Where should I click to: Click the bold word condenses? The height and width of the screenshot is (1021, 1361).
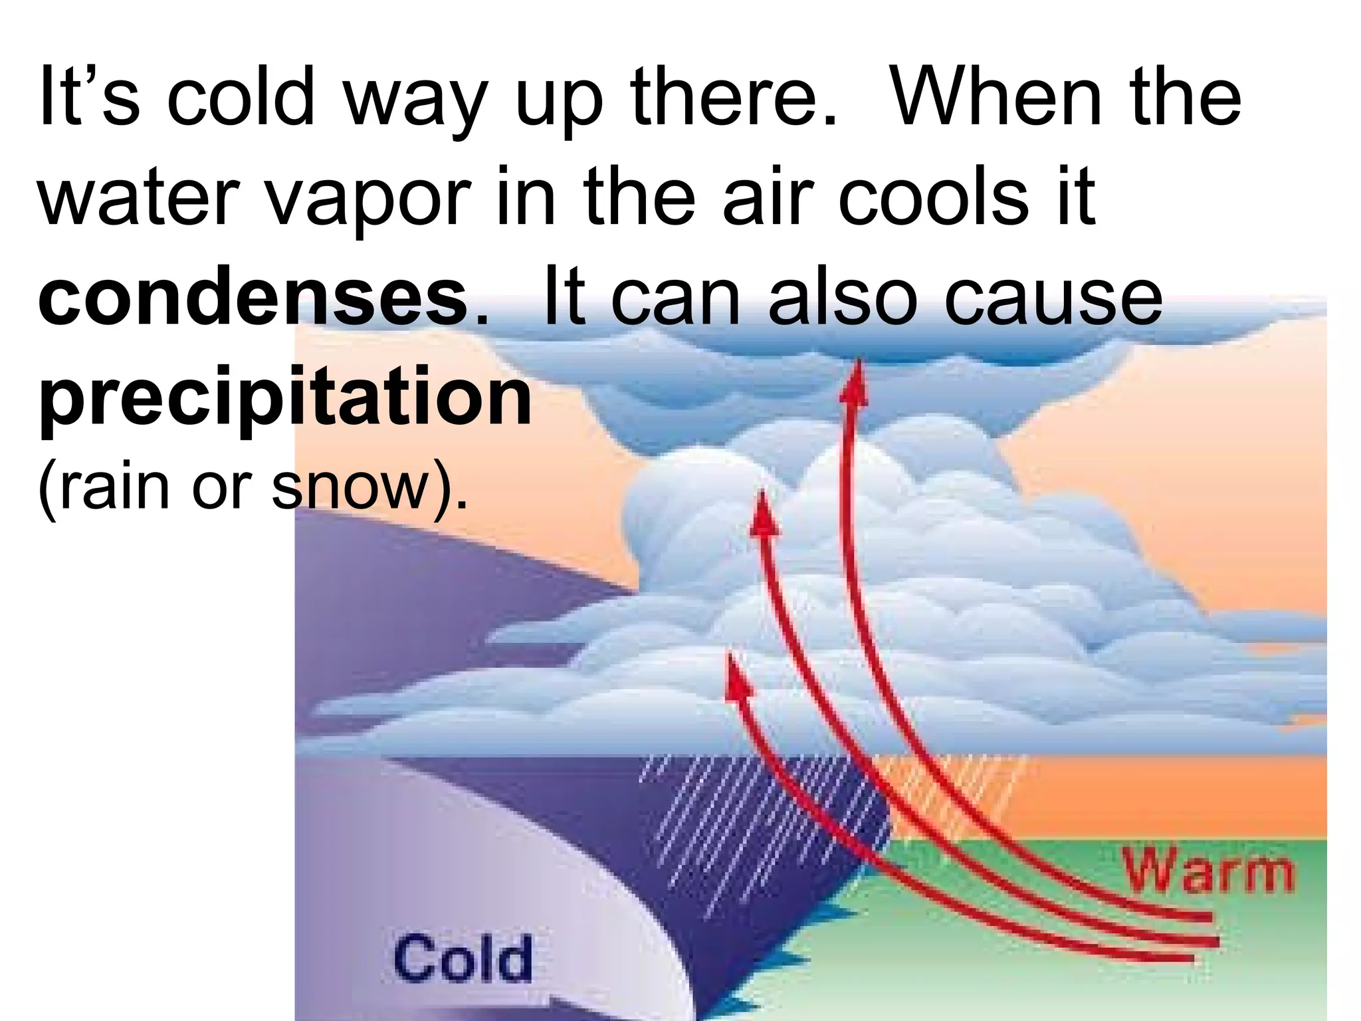(253, 296)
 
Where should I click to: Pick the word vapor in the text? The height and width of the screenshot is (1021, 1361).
(369, 197)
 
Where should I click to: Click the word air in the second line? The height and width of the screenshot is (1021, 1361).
(768, 197)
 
